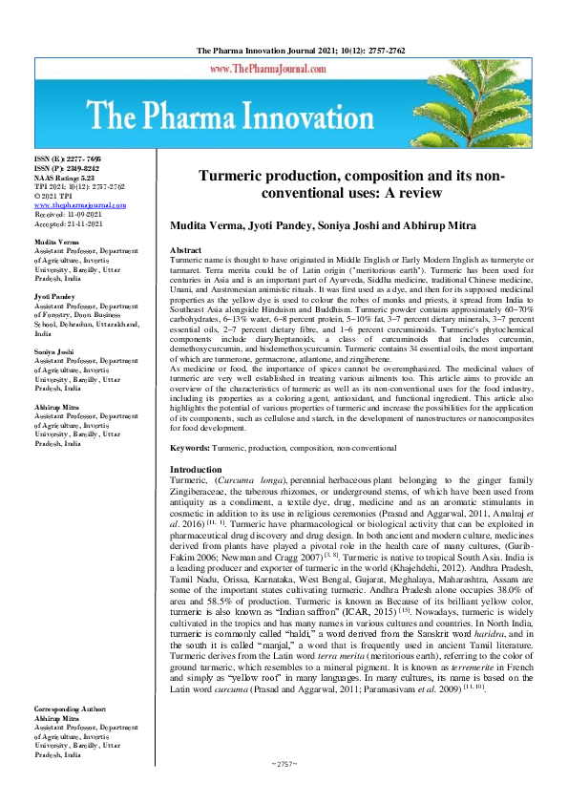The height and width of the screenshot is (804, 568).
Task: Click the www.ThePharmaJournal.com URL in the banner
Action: click(284, 71)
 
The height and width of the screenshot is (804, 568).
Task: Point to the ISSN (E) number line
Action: click(67, 159)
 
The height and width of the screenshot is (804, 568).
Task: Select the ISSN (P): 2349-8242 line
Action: click(66, 167)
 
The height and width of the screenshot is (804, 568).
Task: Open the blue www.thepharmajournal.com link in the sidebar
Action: click(80, 204)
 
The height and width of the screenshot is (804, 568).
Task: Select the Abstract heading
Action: click(185, 248)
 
